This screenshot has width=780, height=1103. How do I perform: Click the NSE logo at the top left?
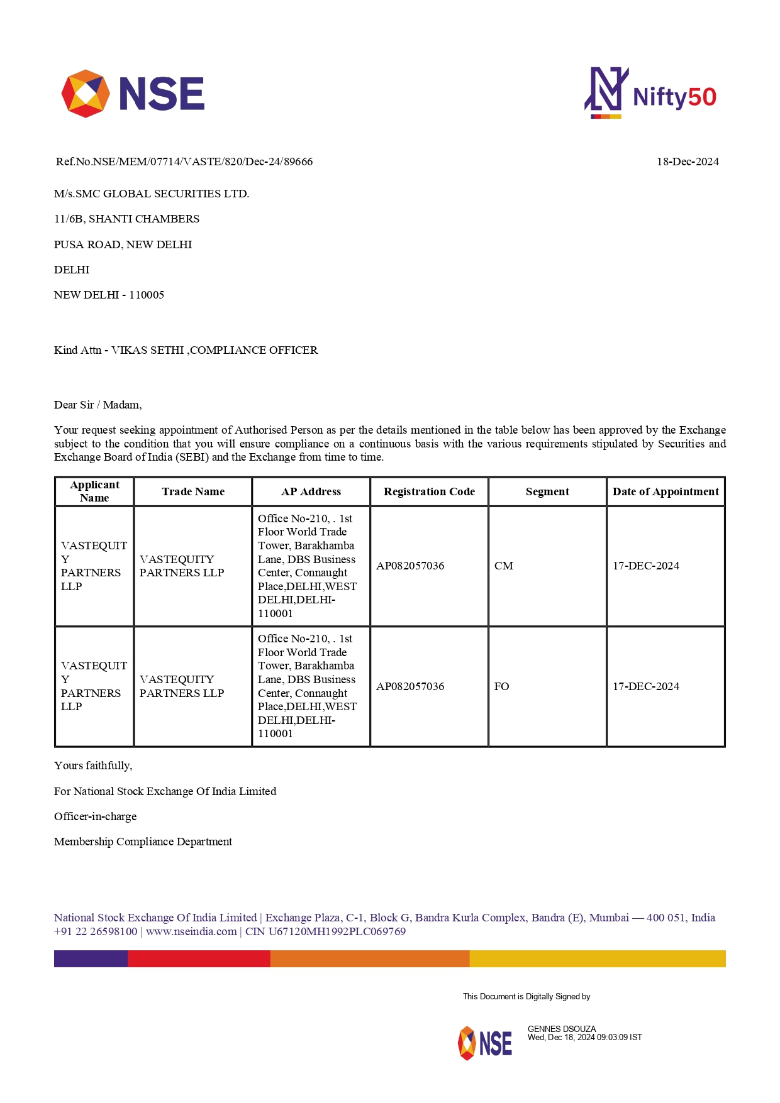click(x=133, y=94)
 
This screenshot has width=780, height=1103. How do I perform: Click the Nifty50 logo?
click(x=650, y=94)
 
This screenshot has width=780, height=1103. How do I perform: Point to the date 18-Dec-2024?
click(x=688, y=162)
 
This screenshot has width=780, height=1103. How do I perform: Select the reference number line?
click(x=184, y=162)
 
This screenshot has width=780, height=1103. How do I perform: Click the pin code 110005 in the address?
click(x=147, y=295)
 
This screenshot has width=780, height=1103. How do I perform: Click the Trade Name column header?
click(x=193, y=491)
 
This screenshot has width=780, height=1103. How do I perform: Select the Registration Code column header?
click(x=429, y=491)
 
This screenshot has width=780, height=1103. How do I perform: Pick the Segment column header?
click(x=547, y=491)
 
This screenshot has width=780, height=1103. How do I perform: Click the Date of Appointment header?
click(x=666, y=491)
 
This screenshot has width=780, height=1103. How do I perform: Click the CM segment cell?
click(x=504, y=566)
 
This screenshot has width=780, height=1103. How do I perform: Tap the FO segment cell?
click(x=502, y=686)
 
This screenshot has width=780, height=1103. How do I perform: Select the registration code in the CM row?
click(x=410, y=566)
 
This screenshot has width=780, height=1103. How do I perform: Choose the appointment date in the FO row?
click(x=646, y=686)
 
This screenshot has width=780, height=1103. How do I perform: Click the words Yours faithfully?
click(x=93, y=766)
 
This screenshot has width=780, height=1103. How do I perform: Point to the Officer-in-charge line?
click(x=95, y=816)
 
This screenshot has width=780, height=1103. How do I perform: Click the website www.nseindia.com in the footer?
click(x=191, y=931)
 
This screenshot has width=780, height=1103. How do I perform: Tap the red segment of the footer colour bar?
click(x=199, y=958)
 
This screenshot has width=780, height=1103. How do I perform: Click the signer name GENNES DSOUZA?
click(x=562, y=1029)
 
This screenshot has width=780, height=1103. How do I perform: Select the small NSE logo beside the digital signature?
click(x=485, y=1043)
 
